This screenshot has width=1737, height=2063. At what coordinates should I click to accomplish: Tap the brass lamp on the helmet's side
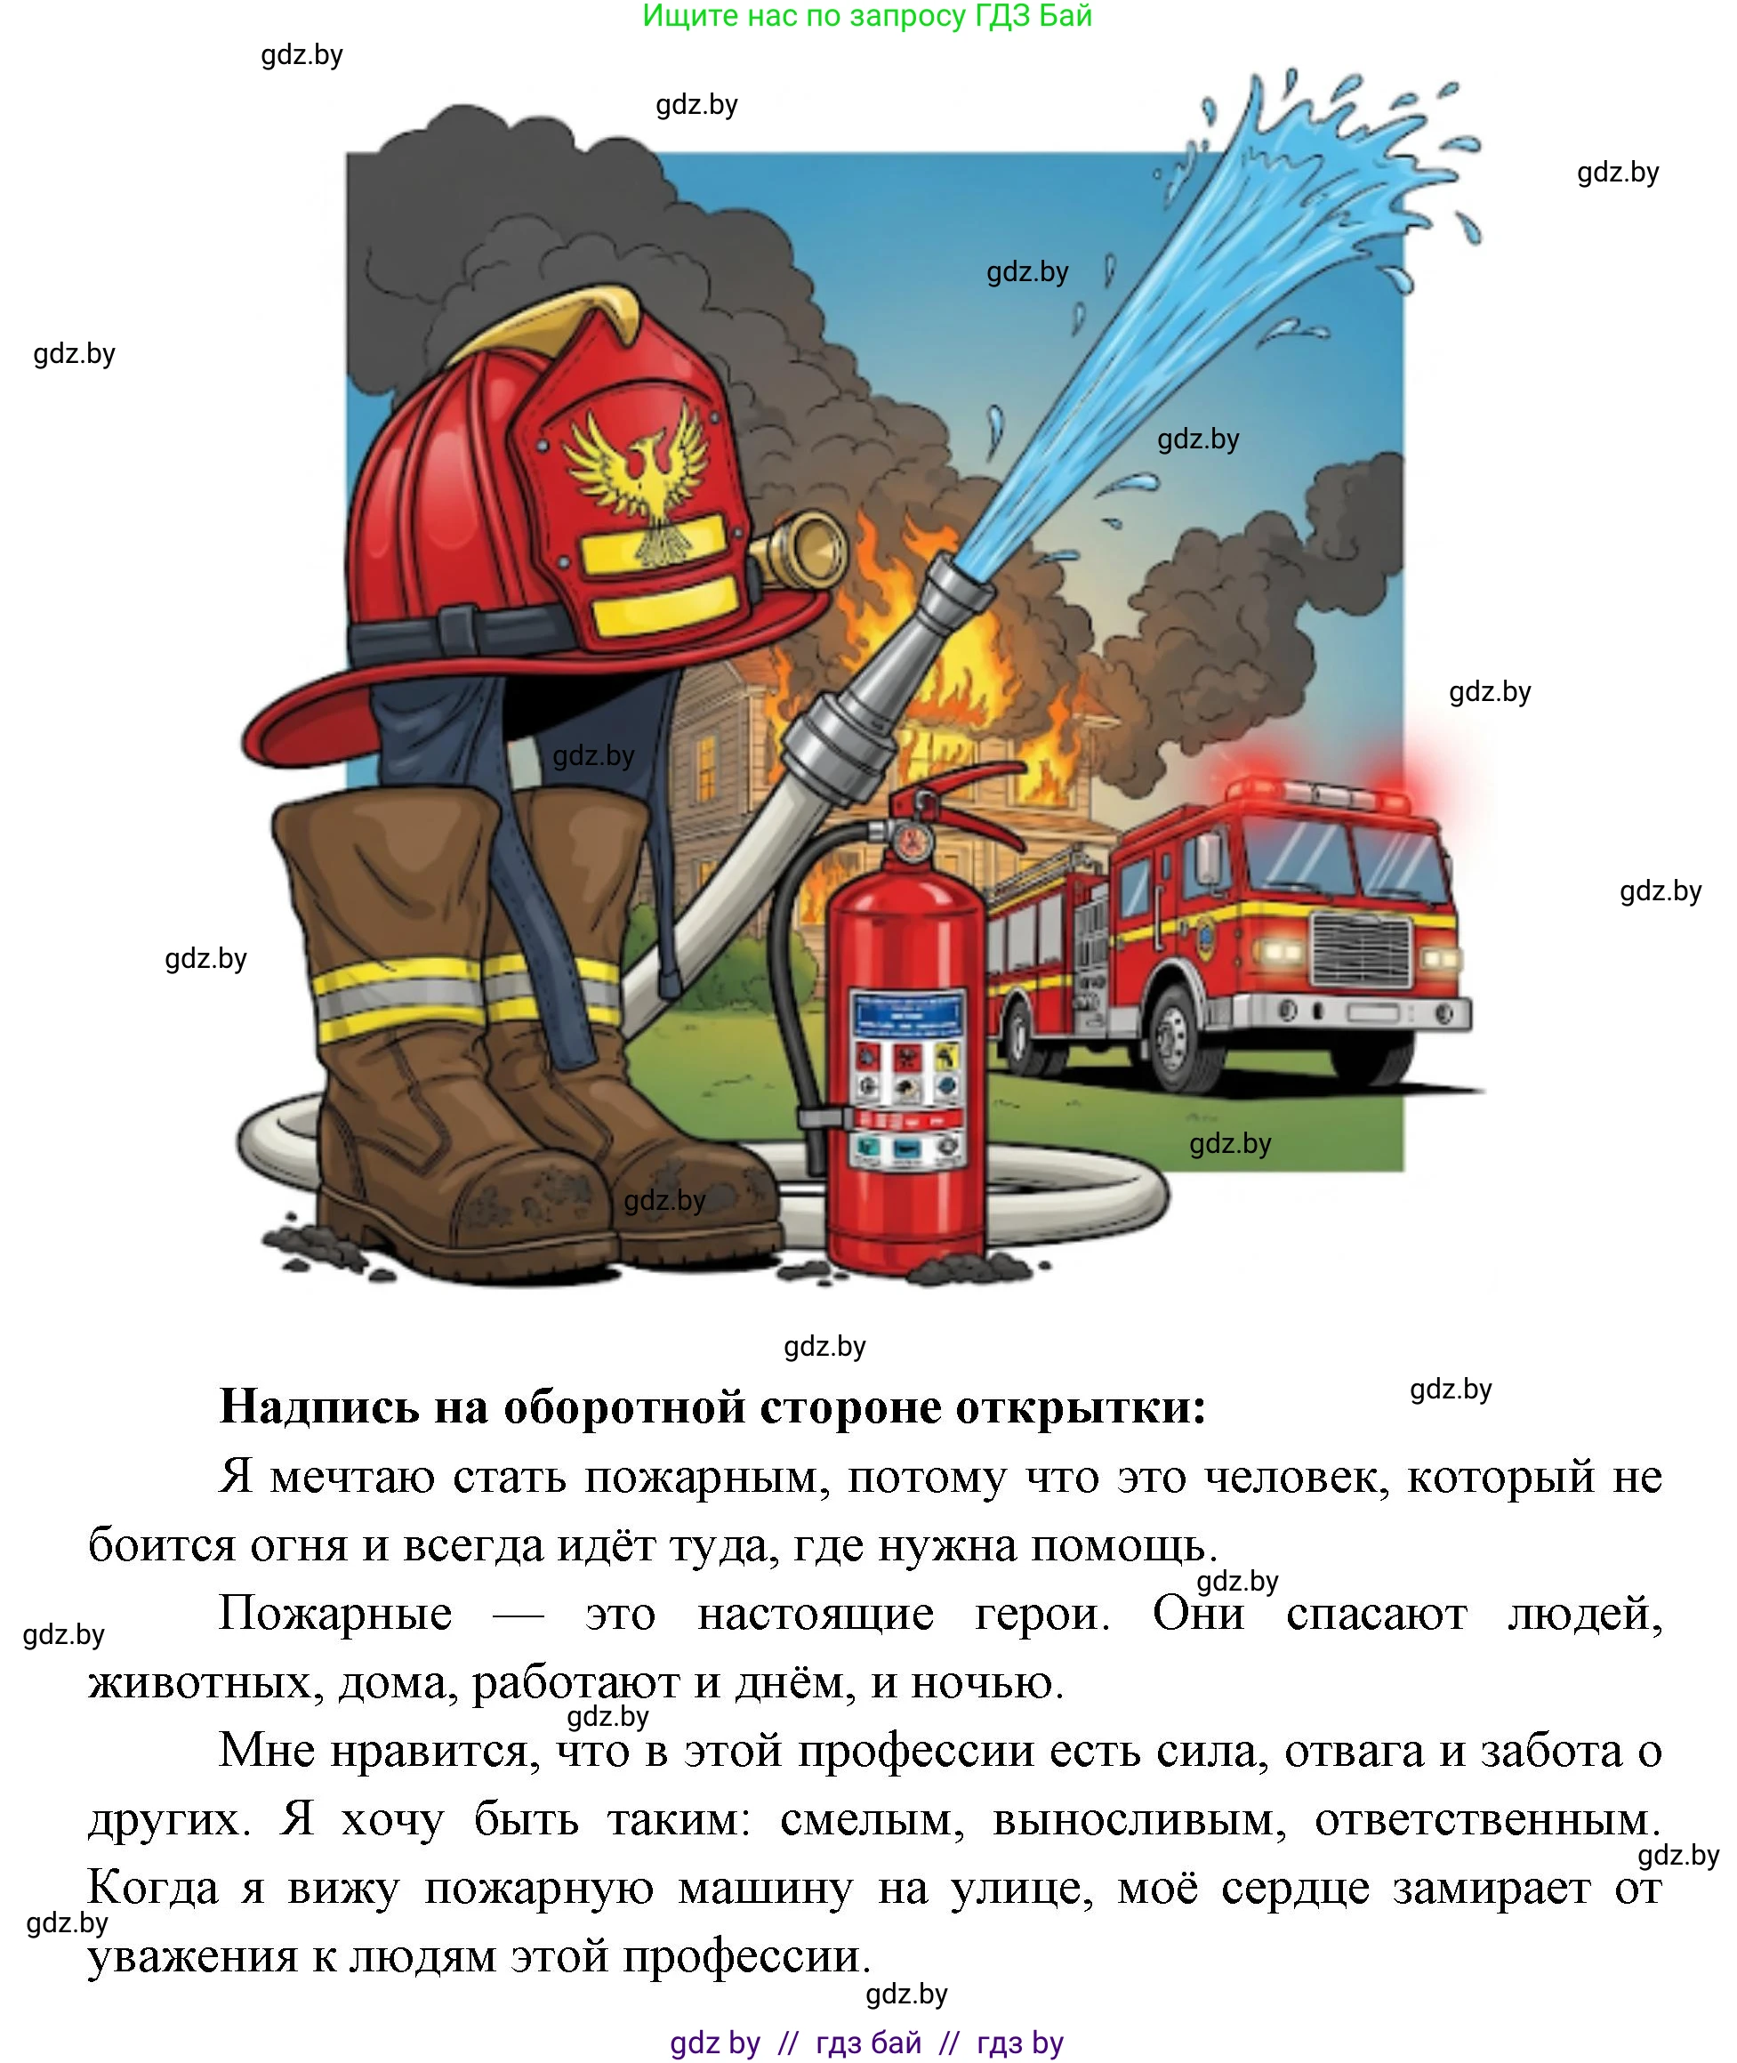[x=813, y=547]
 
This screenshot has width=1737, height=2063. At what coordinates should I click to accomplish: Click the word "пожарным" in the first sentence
[x=700, y=1478]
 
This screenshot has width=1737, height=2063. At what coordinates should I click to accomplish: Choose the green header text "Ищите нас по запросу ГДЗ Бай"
[x=866, y=16]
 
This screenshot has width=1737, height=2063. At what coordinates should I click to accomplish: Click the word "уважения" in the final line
[x=192, y=1955]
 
